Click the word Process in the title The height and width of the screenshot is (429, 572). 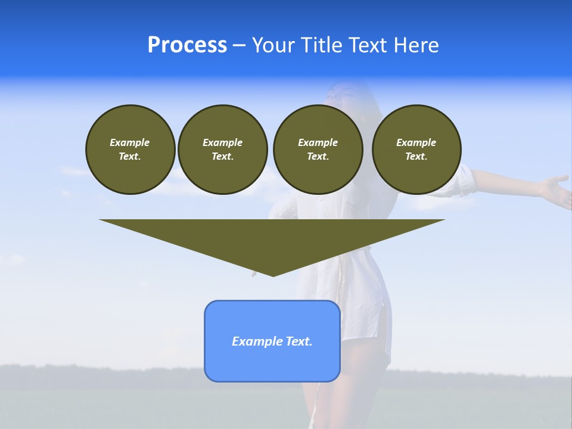[x=187, y=45]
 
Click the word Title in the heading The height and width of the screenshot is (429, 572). [x=321, y=45]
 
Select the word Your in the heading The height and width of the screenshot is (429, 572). [x=273, y=45]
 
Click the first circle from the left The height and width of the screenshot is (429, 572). [x=130, y=150]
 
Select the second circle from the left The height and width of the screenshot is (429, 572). [x=222, y=150]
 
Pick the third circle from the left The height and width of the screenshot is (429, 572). [x=318, y=150]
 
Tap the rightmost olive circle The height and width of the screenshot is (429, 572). [x=416, y=150]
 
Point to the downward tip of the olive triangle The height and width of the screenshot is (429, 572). [x=273, y=274]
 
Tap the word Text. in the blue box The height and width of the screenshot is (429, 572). [x=300, y=341]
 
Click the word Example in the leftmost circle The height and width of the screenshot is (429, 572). [x=130, y=142]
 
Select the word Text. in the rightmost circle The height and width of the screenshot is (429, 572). [x=416, y=157]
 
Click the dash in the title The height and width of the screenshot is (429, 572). [x=239, y=45]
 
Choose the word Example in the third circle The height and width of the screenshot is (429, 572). [x=318, y=142]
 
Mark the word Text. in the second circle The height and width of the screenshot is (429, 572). [x=222, y=157]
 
